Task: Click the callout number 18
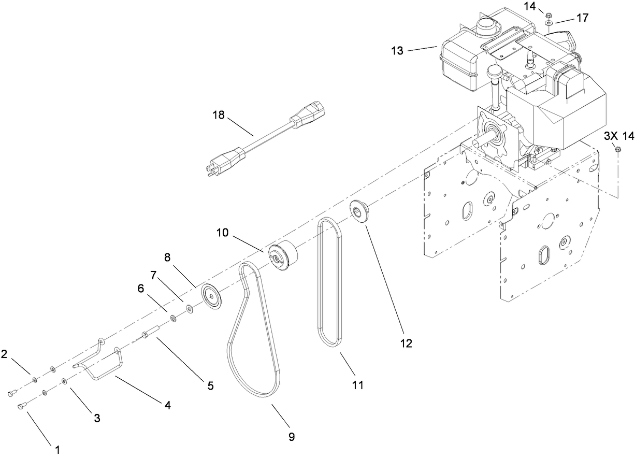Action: click(219, 115)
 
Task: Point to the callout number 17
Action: click(583, 18)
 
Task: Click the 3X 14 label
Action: click(619, 135)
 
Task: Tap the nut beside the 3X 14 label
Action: click(618, 150)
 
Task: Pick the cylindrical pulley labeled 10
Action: click(283, 256)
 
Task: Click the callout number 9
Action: click(292, 437)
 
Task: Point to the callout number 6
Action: click(141, 289)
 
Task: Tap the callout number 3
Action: click(97, 418)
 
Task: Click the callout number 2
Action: click(4, 354)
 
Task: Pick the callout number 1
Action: click(57, 450)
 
